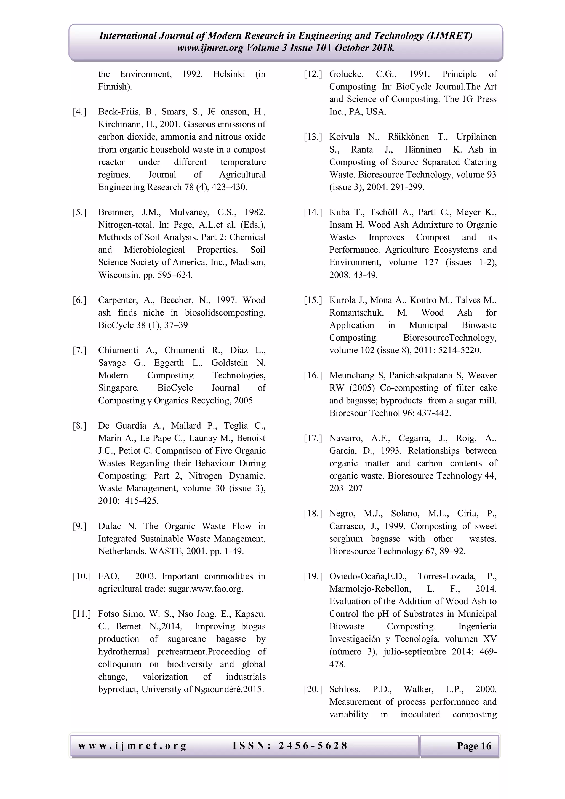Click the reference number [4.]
click(79, 112)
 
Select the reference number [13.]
click(313, 137)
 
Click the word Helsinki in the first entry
click(229, 74)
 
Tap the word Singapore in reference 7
click(118, 388)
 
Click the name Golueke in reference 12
click(346, 74)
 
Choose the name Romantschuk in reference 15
click(356, 313)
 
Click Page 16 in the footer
click(474, 746)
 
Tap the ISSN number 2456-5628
click(313, 745)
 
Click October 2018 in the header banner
click(364, 48)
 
